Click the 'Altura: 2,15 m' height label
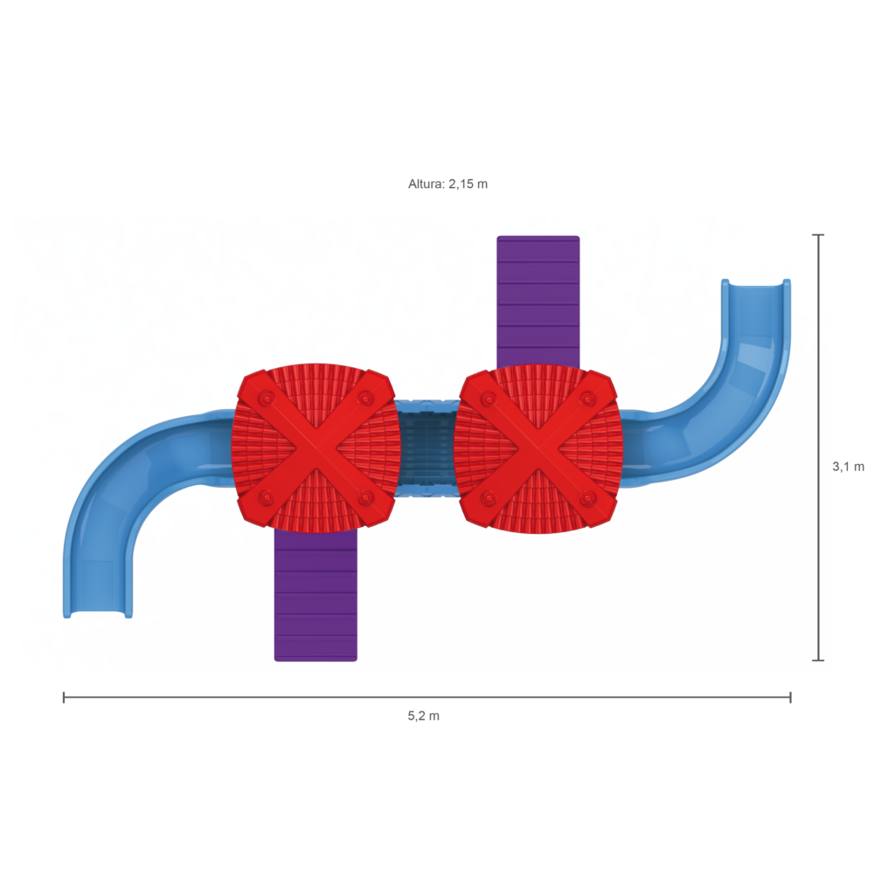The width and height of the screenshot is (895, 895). pos(447,184)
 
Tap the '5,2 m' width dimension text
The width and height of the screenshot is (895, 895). pos(424,716)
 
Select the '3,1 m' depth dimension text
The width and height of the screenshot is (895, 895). pos(848,467)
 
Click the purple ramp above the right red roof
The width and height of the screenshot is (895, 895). pos(538,302)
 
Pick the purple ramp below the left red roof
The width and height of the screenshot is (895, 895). pos(316,595)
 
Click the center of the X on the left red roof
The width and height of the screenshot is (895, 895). pos(315,448)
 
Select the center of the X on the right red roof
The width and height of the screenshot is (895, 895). pos(538,448)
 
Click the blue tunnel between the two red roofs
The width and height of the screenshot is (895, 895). pos(426,448)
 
